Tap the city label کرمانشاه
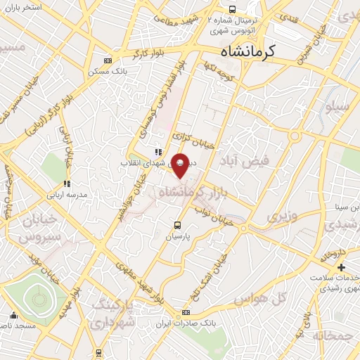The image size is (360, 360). coord(248,52)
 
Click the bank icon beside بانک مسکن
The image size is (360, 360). coord(107,60)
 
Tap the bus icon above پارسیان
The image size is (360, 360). coord(178,226)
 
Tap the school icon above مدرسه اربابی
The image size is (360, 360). coord(67,184)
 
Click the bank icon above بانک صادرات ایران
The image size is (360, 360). coord(186,312)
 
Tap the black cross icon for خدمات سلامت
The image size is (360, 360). coord(341,268)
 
